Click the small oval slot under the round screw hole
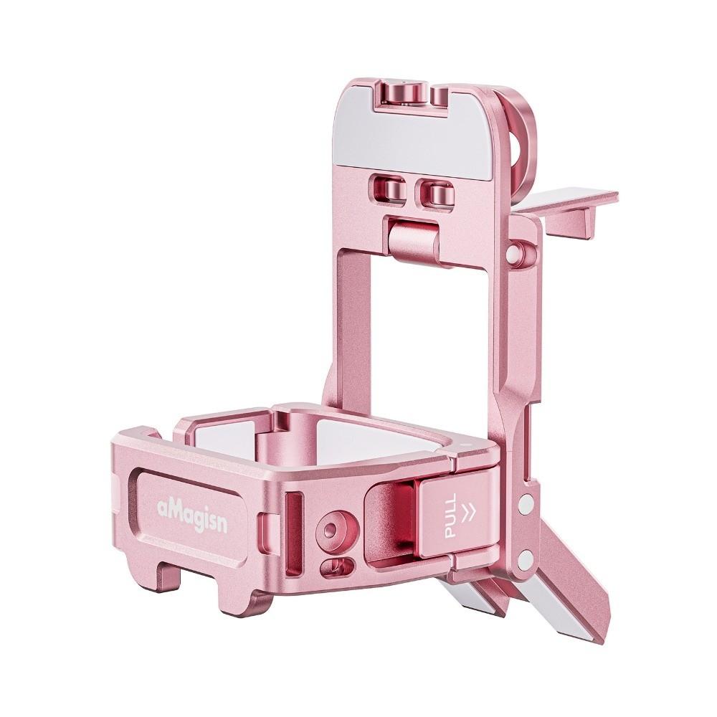click(x=336, y=566)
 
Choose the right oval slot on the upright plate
click(x=435, y=192)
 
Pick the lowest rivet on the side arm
click(x=526, y=556)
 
